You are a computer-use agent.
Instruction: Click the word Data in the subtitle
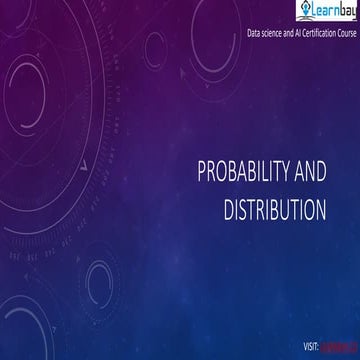click(x=254, y=34)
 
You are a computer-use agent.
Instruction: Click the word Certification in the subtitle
click(x=324, y=34)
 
